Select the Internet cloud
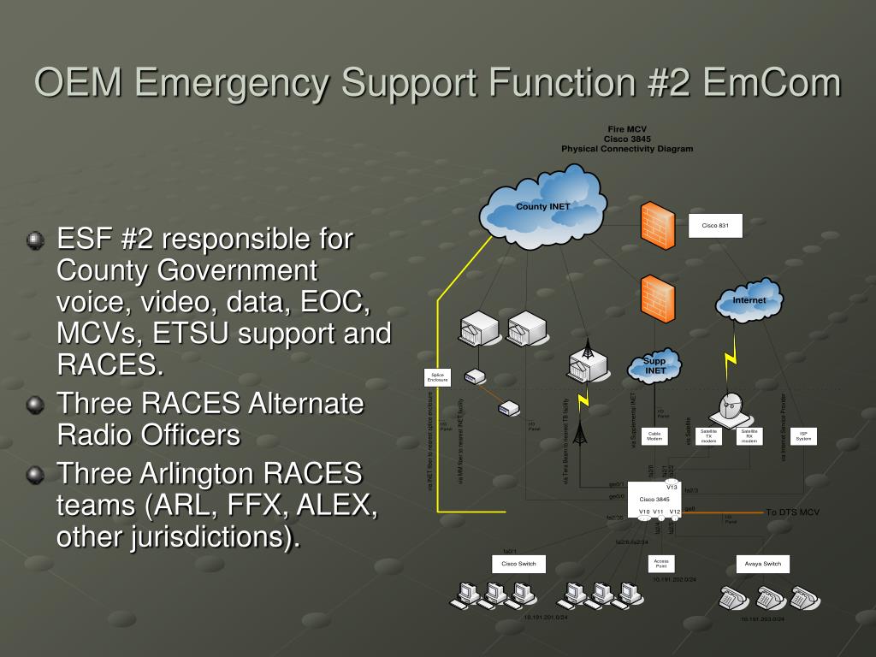(x=749, y=301)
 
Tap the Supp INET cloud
(x=655, y=366)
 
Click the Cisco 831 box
(x=715, y=226)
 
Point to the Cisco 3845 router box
(x=654, y=500)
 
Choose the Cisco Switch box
(x=518, y=564)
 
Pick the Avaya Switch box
(x=763, y=564)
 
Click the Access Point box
(x=660, y=563)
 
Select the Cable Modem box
(x=654, y=436)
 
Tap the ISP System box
(x=803, y=436)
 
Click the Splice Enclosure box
(x=437, y=377)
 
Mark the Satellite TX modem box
(x=708, y=436)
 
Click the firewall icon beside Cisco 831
(x=658, y=224)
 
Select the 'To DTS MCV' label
(x=792, y=512)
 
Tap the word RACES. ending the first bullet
(x=109, y=365)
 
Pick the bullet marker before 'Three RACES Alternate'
(x=35, y=405)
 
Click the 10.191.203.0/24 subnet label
(x=762, y=619)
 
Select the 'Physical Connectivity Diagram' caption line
(x=627, y=149)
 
